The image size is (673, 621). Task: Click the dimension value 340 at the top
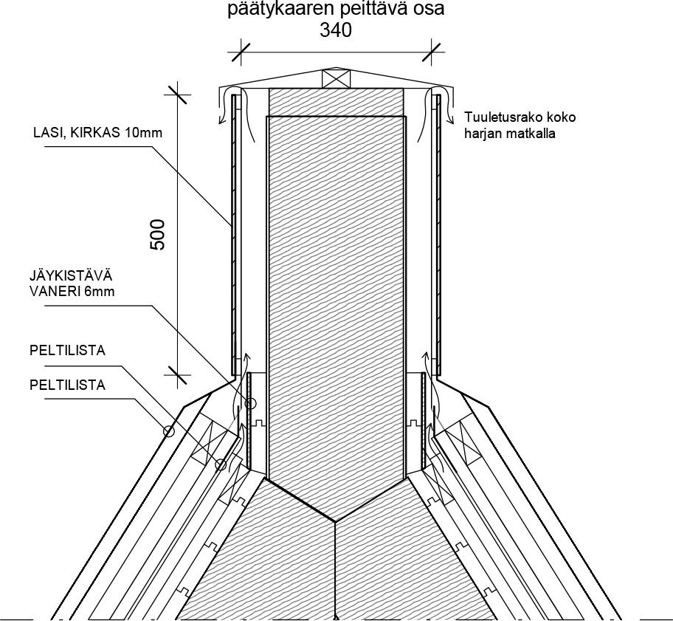click(x=336, y=30)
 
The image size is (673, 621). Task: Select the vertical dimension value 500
click(x=157, y=235)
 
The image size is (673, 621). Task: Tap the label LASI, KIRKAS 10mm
click(x=98, y=132)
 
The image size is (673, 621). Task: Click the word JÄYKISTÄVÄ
click(x=71, y=275)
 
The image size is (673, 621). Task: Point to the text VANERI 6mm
click(x=72, y=292)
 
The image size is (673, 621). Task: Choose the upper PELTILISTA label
click(x=67, y=351)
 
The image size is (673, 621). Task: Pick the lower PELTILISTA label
click(x=67, y=385)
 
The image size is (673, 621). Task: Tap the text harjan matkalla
click(x=510, y=134)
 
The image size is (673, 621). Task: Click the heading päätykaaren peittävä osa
click(x=336, y=10)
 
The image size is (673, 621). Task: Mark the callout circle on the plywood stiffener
click(x=251, y=404)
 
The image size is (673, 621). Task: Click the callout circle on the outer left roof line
click(x=169, y=431)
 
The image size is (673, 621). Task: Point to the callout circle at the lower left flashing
click(x=221, y=464)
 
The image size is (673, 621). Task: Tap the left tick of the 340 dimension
click(x=240, y=52)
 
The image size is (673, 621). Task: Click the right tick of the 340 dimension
click(x=432, y=52)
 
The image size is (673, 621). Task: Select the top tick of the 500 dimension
click(x=178, y=94)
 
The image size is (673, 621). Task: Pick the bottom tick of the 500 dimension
click(x=178, y=375)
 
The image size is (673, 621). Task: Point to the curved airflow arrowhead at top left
click(x=222, y=120)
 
